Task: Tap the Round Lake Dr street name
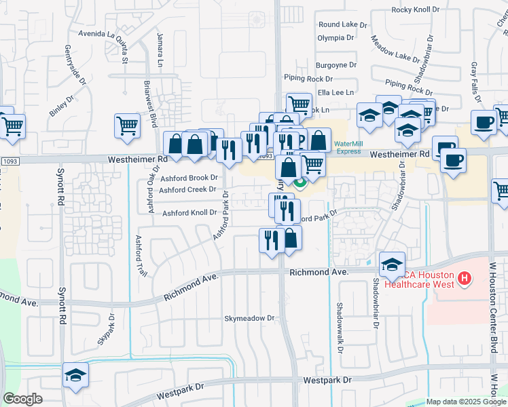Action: point(342,24)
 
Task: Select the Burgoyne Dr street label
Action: point(335,65)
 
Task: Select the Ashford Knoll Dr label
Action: point(189,213)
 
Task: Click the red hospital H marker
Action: point(465,277)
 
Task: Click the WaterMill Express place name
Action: point(348,147)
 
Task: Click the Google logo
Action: point(22,399)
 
